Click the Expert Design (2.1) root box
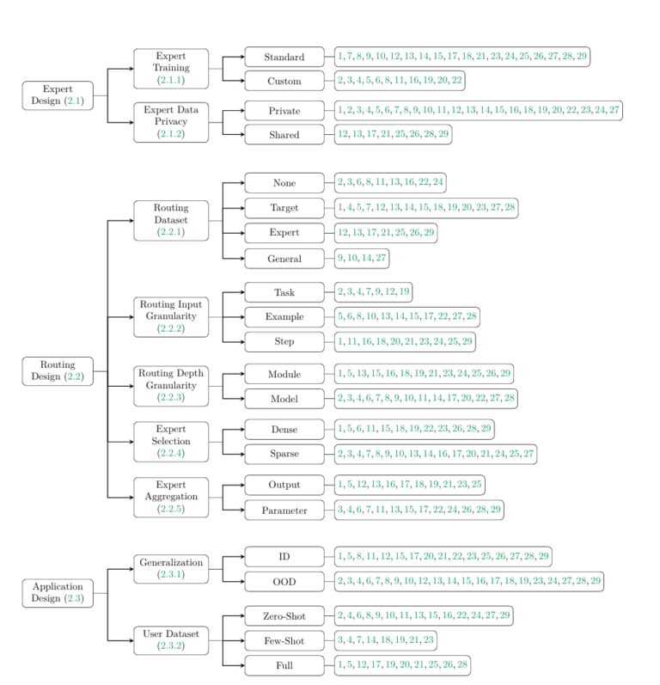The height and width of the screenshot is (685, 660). pos(58,95)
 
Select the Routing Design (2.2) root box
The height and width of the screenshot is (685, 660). pos(58,370)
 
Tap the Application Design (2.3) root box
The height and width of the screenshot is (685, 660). pos(58,592)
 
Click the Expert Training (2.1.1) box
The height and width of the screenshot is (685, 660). pos(171,68)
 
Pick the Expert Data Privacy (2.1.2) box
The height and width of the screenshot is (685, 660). pos(171,122)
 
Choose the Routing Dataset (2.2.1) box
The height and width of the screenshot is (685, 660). pos(171,220)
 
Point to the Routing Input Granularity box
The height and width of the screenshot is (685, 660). pos(171,316)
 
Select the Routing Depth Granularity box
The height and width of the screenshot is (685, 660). pos(171,386)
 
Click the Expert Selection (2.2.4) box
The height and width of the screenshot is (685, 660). pos(171,441)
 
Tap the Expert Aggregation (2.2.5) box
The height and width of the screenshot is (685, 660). pos(171,497)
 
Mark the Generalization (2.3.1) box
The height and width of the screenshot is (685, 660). pos(171,568)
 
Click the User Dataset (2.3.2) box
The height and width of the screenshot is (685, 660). pos(171,640)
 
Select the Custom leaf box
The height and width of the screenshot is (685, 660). pos(284,81)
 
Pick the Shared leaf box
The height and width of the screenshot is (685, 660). pos(284,134)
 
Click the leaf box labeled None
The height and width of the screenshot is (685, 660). pos(284,182)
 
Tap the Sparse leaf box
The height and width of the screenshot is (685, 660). pos(284,453)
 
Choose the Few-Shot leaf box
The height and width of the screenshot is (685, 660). pos(284,640)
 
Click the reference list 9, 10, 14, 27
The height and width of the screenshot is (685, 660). pos(363,257)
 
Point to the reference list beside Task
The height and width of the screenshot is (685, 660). pos(378,291)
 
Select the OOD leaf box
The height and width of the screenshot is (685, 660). pos(284,581)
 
